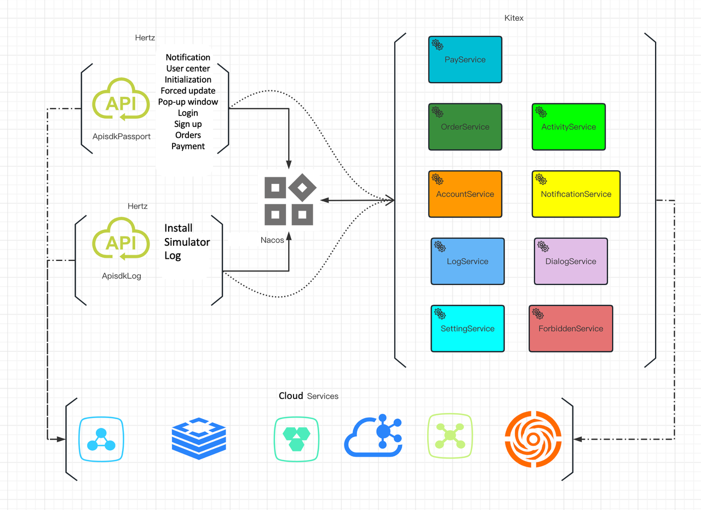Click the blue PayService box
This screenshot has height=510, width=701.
[465, 60]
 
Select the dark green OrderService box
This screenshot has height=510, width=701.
[465, 127]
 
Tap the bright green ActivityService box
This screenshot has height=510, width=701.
[568, 127]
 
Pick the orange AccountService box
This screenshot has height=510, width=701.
[465, 194]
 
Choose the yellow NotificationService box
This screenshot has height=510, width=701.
[576, 194]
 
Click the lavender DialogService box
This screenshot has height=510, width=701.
[571, 262]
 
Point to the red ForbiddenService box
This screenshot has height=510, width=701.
[571, 329]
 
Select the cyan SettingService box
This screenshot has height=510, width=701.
[467, 329]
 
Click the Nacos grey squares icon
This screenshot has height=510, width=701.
[289, 201]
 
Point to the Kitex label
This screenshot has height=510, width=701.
[514, 18]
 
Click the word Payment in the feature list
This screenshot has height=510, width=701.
[188, 146]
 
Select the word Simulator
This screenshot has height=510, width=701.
[187, 242]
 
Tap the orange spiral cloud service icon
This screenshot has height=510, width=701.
[532, 439]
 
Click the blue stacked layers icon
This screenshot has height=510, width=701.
[198, 439]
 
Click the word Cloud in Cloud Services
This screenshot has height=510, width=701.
[291, 396]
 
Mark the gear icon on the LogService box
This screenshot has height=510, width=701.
[440, 246]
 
